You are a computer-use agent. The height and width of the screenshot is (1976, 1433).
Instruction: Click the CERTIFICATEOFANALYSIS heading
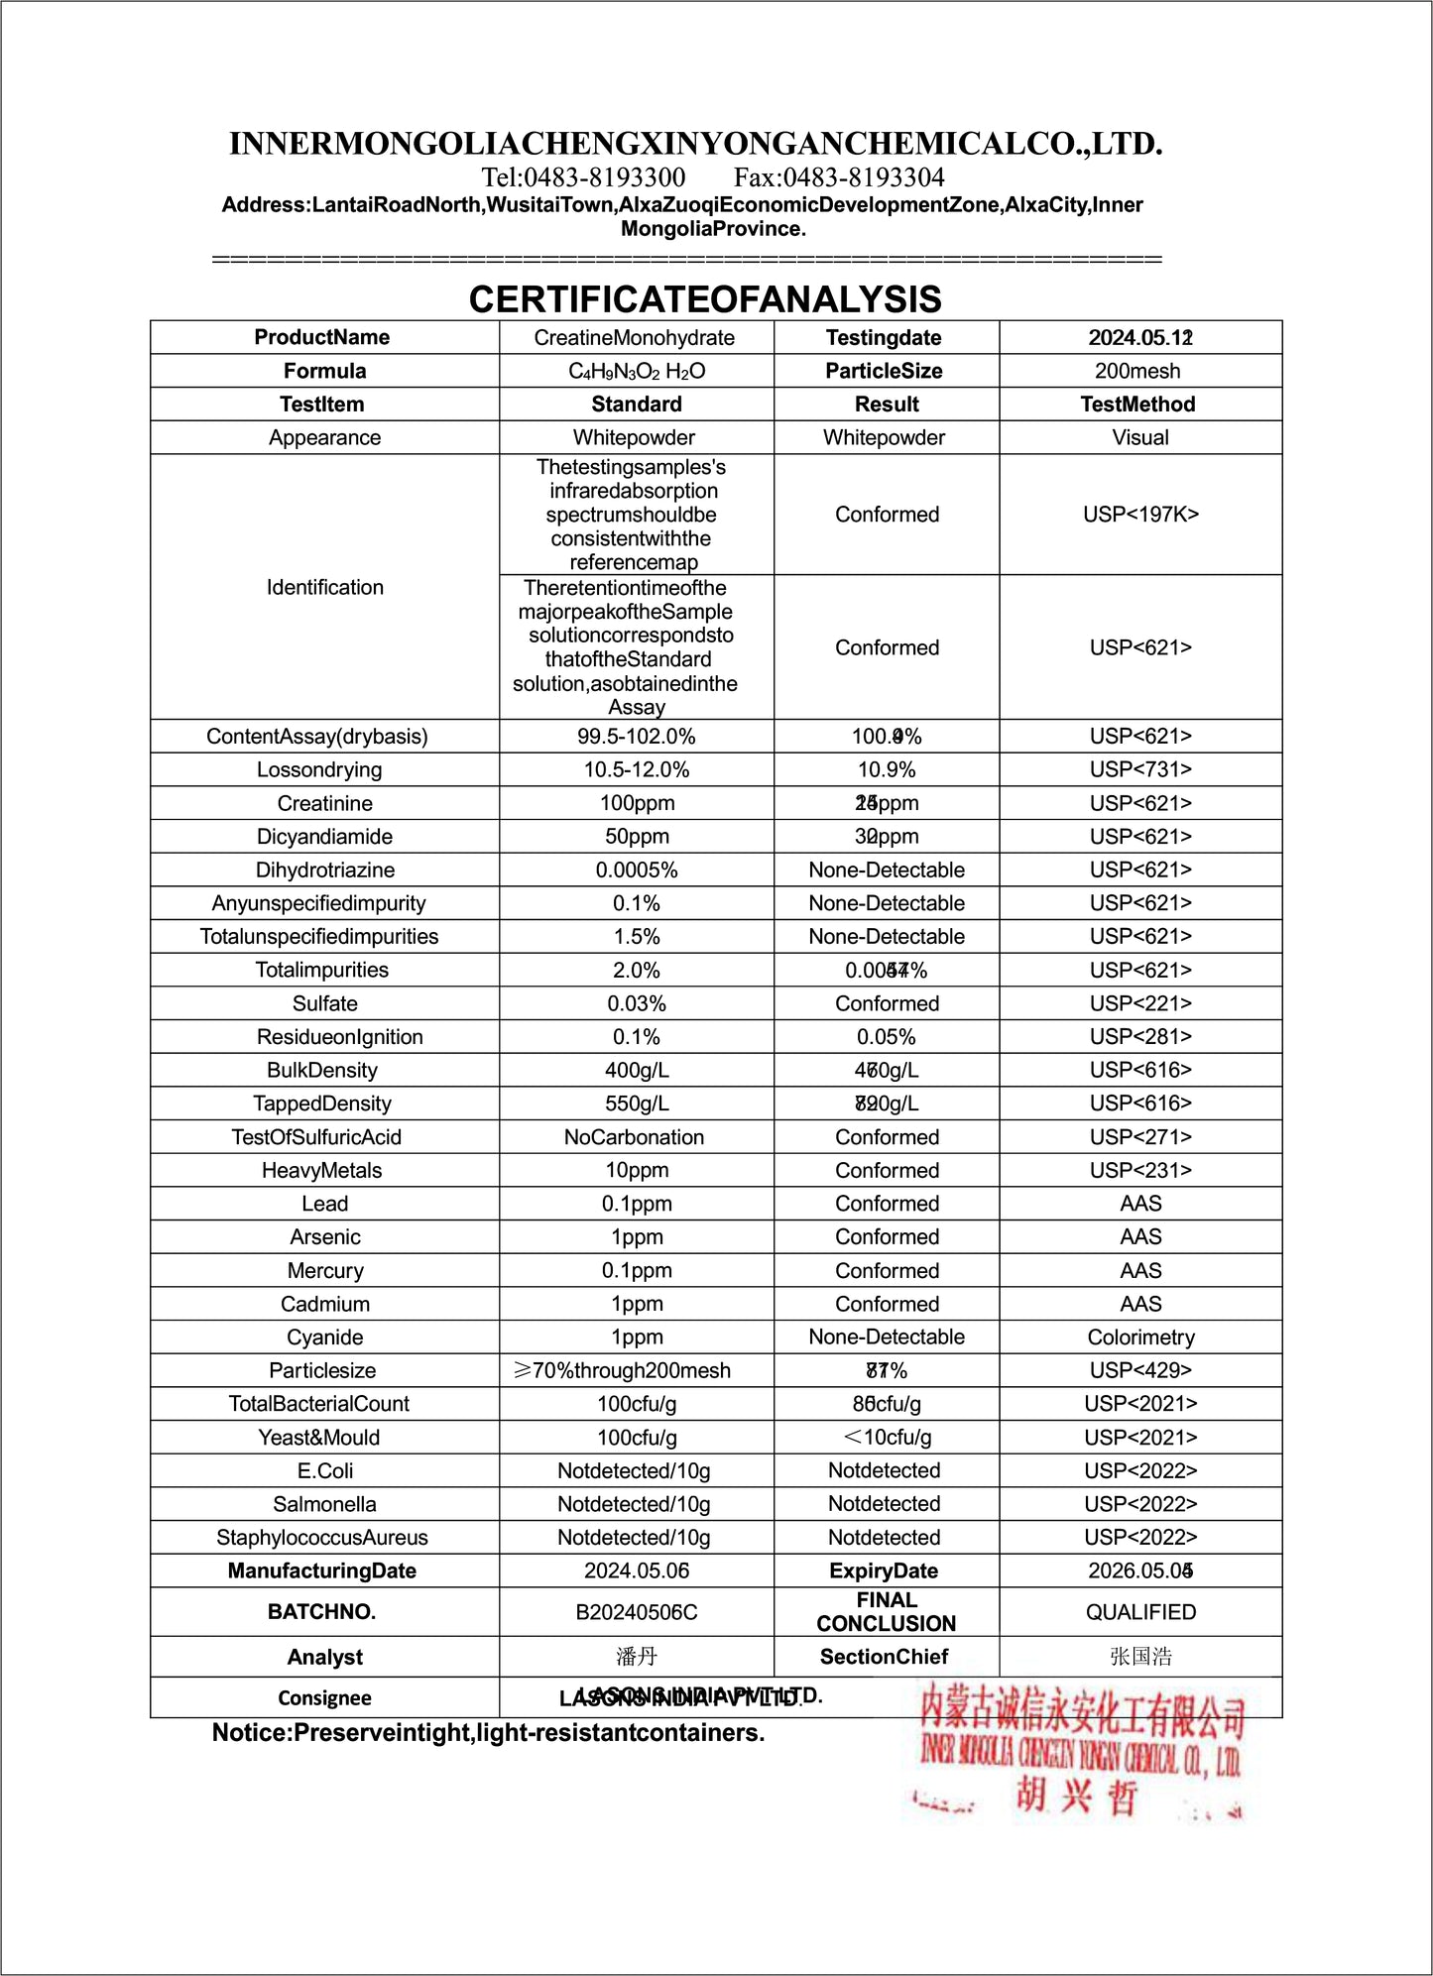coord(705,299)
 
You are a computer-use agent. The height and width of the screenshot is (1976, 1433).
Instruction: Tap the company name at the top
coord(695,144)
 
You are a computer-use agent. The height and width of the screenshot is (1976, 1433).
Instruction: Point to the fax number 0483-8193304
coord(839,177)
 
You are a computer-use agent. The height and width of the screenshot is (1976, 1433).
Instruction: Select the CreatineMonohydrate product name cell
coord(635,338)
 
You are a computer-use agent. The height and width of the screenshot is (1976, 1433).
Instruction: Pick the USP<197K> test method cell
coord(1140,515)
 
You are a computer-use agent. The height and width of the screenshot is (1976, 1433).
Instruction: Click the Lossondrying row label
coord(319,769)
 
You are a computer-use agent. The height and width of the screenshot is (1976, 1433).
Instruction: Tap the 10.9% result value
coord(887,769)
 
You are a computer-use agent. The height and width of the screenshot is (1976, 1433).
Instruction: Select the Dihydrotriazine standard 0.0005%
coord(637,870)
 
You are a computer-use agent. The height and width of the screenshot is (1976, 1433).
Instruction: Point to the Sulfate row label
coord(324,1003)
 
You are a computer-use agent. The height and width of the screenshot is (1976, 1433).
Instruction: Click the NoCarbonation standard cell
coord(635,1137)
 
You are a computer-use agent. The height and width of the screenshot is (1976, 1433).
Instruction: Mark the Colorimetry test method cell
coord(1140,1337)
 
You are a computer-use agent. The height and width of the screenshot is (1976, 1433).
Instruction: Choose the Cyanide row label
coord(324,1337)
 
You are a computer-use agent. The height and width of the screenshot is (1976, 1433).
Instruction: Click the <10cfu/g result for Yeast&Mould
coord(887,1438)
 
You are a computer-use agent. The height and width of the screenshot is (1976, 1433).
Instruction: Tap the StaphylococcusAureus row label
coord(322,1538)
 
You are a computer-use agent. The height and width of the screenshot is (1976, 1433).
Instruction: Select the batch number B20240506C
coord(637,1612)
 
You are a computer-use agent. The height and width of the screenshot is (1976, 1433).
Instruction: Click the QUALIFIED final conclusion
coord(1140,1612)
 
